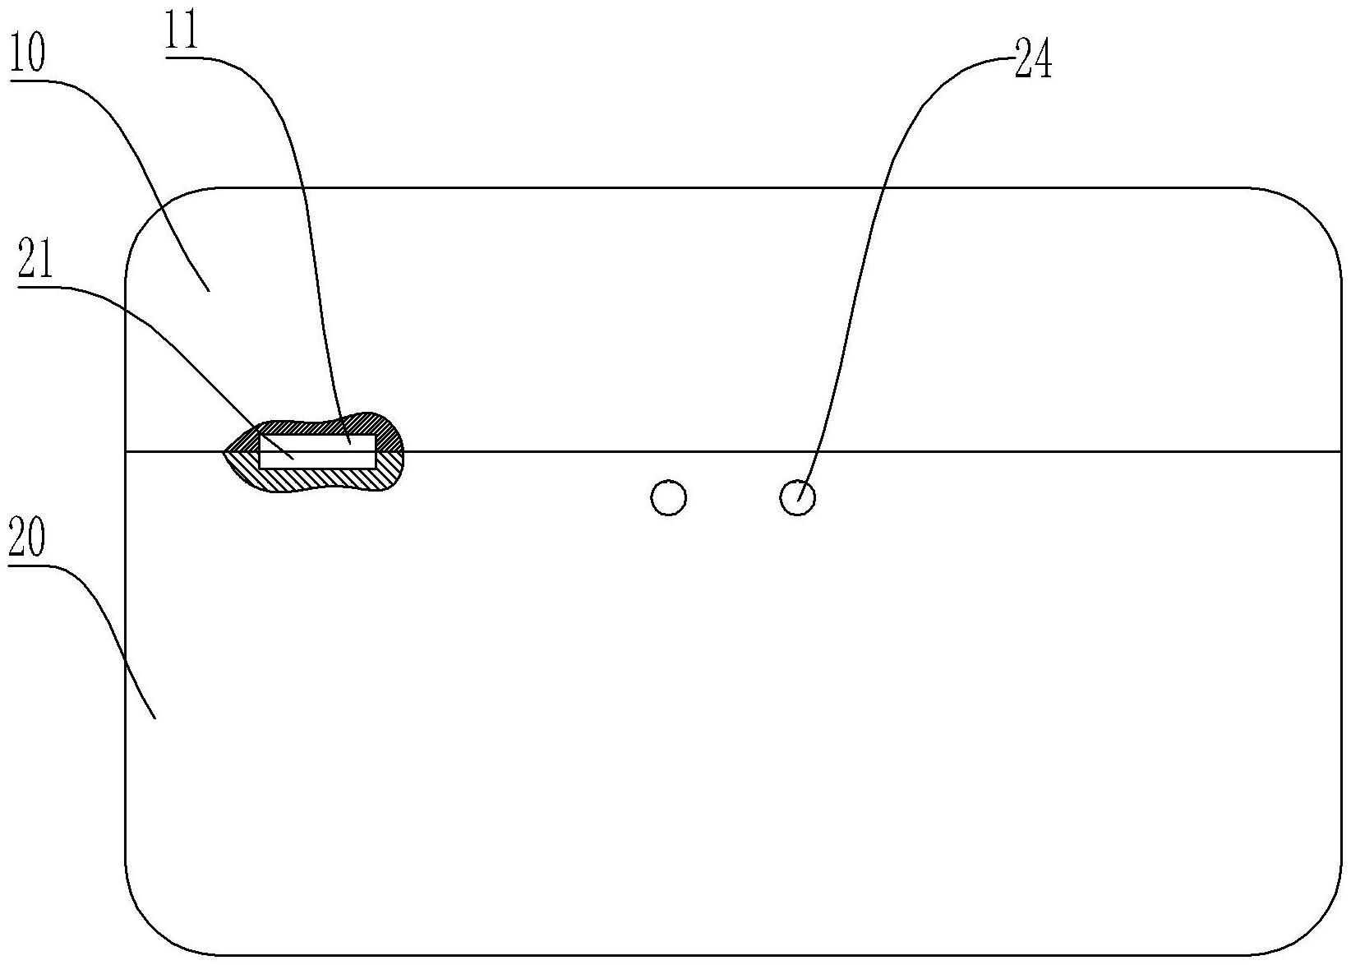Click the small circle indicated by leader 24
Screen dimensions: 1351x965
tap(797, 497)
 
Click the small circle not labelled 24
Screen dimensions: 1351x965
tap(668, 497)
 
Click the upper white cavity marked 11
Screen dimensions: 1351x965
tap(317, 442)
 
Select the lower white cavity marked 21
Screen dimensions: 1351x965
tap(317, 459)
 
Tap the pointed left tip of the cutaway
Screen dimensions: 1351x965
tap(224, 451)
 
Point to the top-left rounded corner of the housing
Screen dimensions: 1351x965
tap(152, 215)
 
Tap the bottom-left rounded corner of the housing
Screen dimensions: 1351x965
tap(152, 929)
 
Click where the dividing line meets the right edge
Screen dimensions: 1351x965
tap(1340, 451)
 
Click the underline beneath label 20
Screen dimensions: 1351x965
tap(28, 565)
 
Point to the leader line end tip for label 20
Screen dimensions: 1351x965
tap(156, 718)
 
